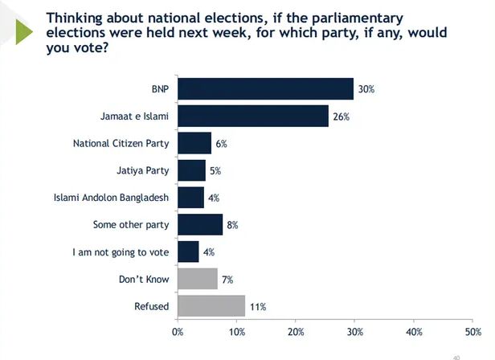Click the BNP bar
pos(265,88)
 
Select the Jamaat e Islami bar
pos(252,116)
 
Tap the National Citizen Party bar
pos(194,143)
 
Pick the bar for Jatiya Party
pos(191,170)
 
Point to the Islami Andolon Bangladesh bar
pos(190,198)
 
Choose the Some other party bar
pos(199,224)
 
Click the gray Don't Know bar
pos(197,279)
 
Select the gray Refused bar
pos(211,306)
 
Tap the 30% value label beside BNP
pos(366,89)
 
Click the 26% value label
pos(342,117)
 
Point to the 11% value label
pos(257,307)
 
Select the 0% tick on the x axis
pos(178,331)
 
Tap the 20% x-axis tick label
pos(296,331)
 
